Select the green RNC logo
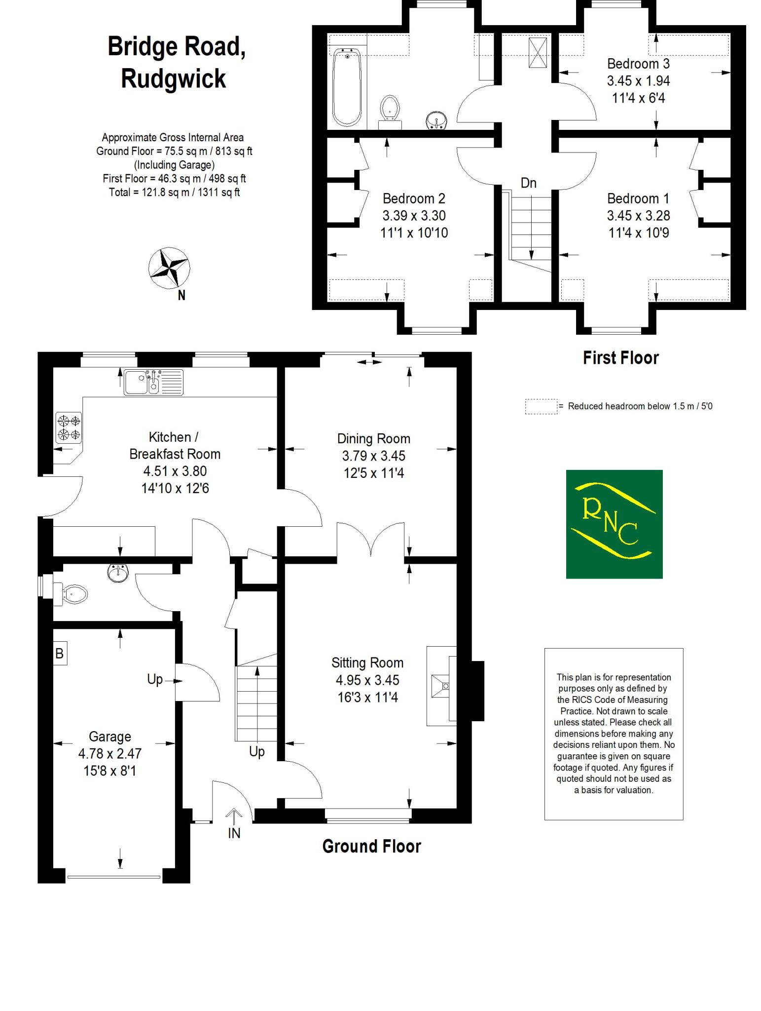[614, 524]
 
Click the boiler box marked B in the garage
[60, 654]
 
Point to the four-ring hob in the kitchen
[69, 428]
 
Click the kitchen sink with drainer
[153, 383]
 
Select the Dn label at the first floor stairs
[528, 183]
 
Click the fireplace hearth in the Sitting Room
[441, 686]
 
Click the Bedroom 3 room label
[638, 64]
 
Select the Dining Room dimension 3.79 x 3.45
[373, 456]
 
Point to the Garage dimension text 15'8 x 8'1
[109, 771]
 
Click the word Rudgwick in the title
[173, 78]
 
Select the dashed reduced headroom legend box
[541, 406]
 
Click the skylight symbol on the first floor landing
[537, 52]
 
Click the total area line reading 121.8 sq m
[174, 193]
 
